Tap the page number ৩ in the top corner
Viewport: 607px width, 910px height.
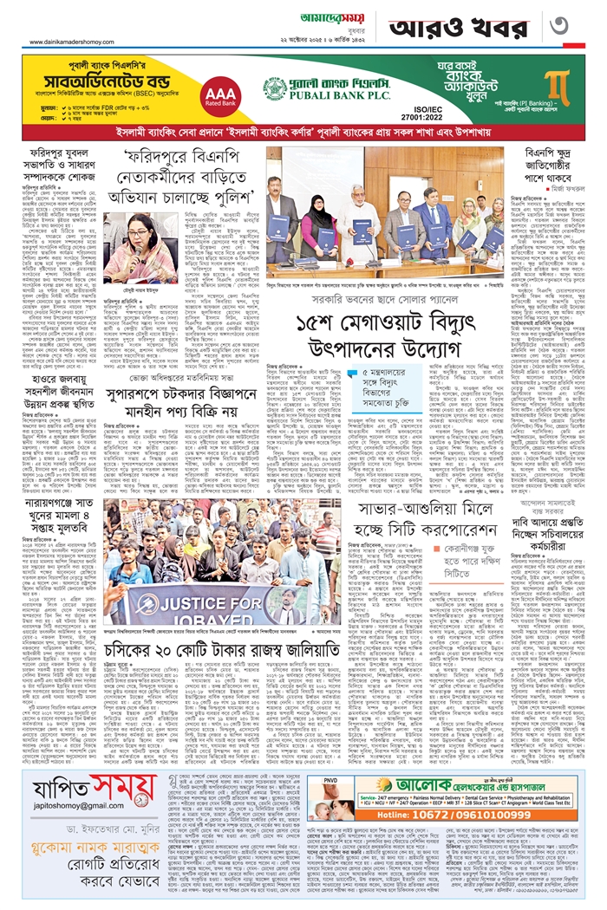point(580,23)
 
